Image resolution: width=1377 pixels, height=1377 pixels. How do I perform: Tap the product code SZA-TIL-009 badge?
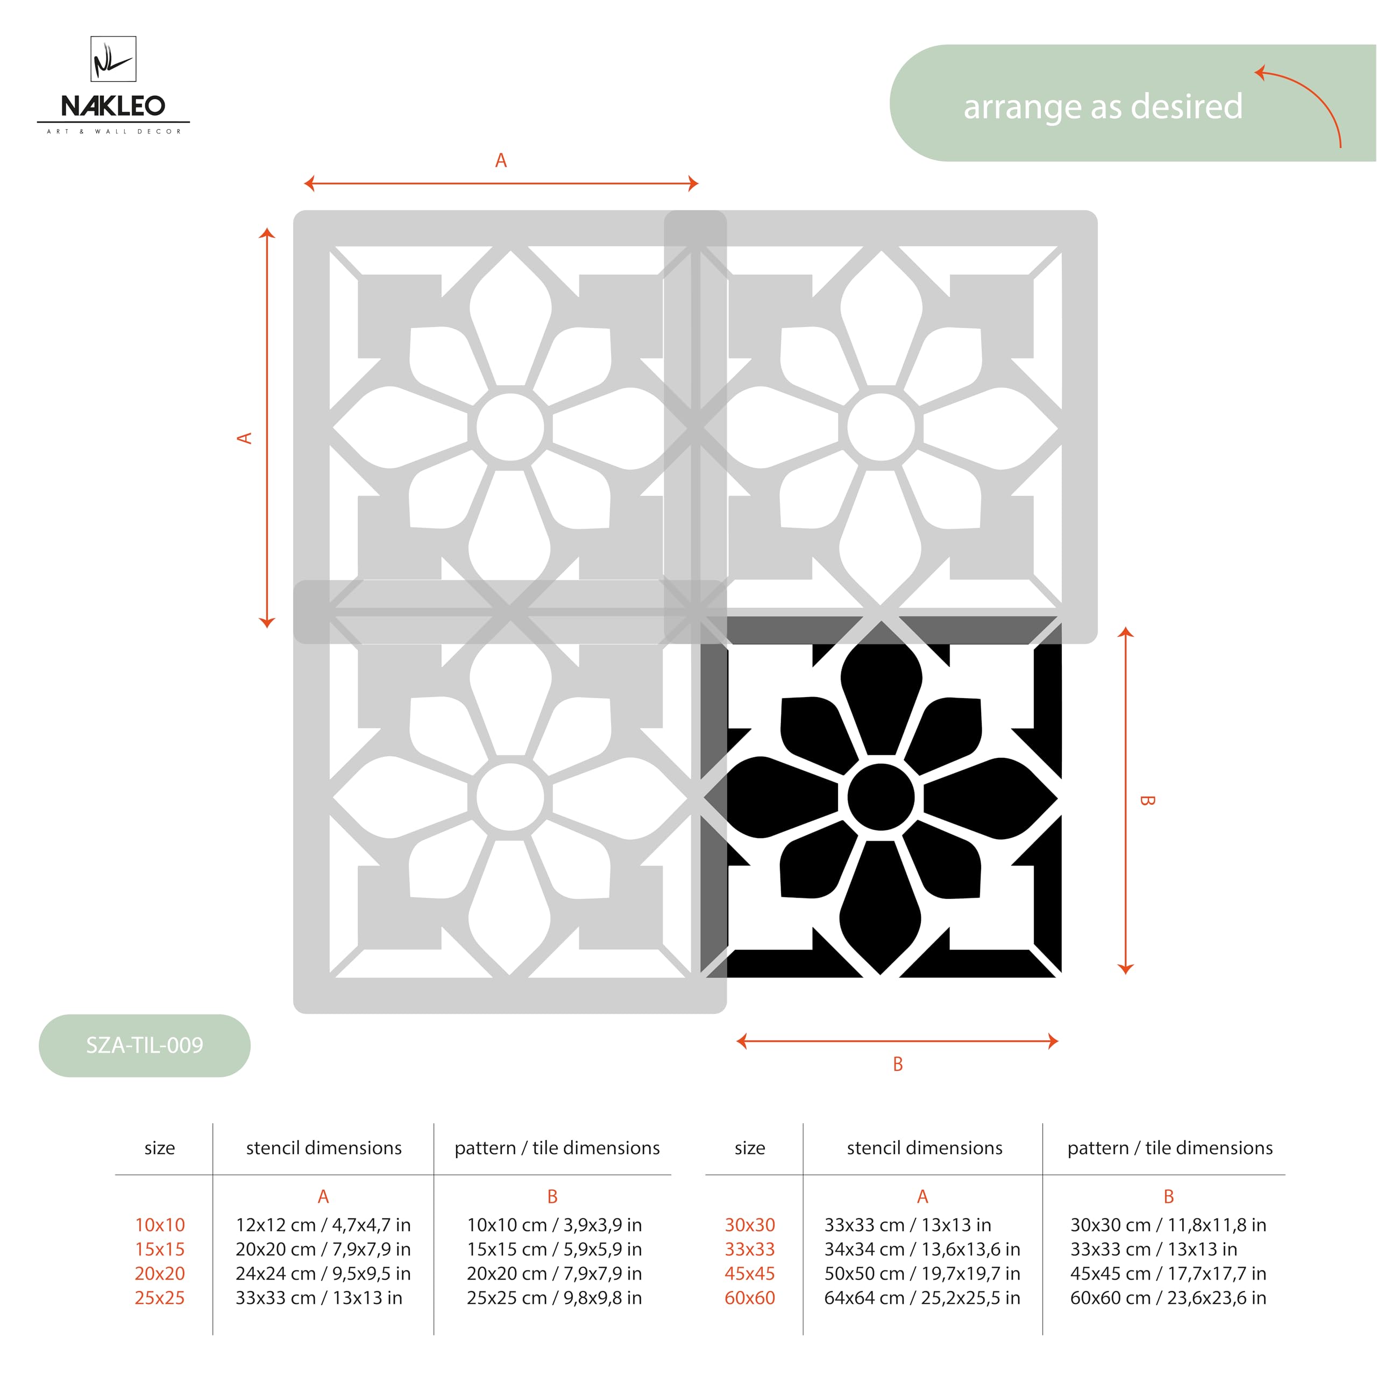145,1045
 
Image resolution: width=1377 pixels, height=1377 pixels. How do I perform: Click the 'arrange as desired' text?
1103,107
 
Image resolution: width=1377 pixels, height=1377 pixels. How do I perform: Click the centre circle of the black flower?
881,797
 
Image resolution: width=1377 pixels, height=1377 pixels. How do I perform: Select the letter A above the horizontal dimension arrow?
501,161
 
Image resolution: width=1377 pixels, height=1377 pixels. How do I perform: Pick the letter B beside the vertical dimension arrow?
1147,800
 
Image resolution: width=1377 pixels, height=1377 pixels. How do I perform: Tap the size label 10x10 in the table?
160,1224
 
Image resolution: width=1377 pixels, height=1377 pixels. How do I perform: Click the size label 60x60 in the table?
749,1297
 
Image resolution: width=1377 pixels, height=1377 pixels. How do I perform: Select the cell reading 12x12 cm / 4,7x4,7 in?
323,1224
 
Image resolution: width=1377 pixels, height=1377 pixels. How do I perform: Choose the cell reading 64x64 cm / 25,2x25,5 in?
921,1297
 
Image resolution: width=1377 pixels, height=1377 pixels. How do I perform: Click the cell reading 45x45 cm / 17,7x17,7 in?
1167,1273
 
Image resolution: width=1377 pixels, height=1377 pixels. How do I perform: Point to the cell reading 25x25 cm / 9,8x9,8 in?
554,1297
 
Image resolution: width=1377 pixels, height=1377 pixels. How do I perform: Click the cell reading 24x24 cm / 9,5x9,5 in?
323,1273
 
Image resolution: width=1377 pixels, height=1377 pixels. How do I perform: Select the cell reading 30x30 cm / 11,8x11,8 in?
1167,1224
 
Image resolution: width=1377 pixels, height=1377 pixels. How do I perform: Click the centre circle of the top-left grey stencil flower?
510,428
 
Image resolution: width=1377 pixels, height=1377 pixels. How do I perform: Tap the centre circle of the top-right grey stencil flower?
881,428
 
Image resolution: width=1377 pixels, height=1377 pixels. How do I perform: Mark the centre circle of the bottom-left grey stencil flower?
510,797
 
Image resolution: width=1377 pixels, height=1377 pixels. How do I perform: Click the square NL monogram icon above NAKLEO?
113,59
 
